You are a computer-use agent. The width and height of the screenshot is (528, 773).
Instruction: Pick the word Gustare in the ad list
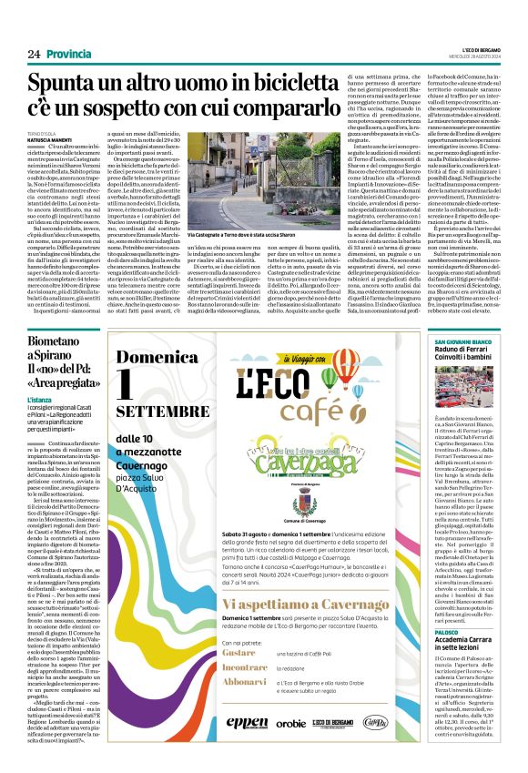(242, 652)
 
